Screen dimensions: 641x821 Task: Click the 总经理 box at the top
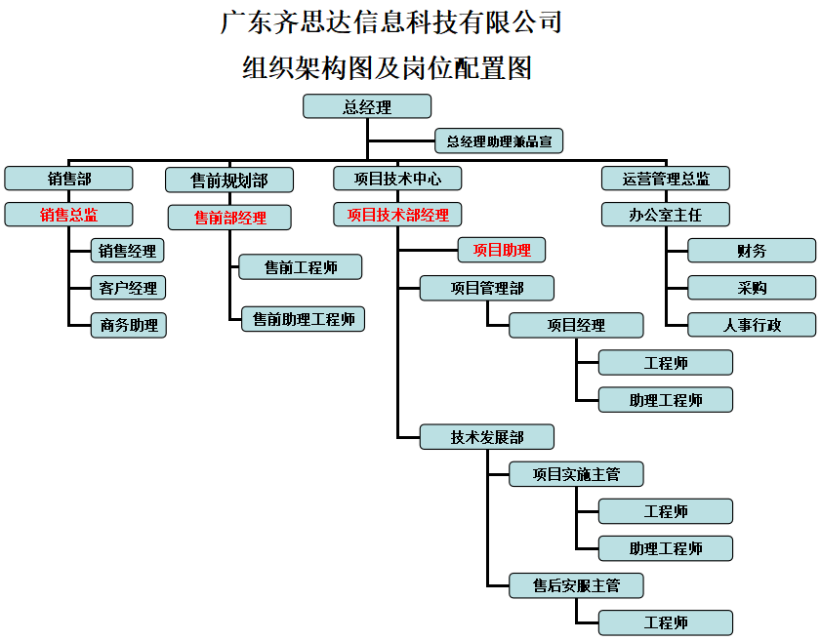(x=367, y=106)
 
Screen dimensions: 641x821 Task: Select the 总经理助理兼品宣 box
(x=499, y=141)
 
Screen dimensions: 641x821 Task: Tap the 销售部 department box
(x=68, y=179)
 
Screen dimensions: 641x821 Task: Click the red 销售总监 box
(x=68, y=215)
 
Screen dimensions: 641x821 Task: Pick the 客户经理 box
(x=128, y=288)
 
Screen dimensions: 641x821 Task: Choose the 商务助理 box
(x=128, y=325)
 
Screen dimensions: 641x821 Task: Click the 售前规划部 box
(x=229, y=180)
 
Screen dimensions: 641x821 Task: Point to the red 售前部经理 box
(x=229, y=217)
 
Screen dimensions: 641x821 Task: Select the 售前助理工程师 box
(x=304, y=318)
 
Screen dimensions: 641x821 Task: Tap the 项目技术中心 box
(x=397, y=179)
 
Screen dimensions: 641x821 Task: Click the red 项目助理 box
(x=502, y=250)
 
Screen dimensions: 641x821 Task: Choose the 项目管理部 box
(x=487, y=288)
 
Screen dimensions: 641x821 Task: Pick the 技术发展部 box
(x=487, y=437)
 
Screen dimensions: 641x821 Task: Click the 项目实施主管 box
(x=576, y=474)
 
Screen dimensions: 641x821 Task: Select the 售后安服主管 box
(x=576, y=585)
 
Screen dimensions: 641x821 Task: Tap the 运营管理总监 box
(x=666, y=179)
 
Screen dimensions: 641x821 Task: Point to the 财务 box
(x=752, y=251)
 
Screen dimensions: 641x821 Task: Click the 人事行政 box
(x=752, y=325)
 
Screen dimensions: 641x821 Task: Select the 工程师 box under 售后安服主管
(x=666, y=622)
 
